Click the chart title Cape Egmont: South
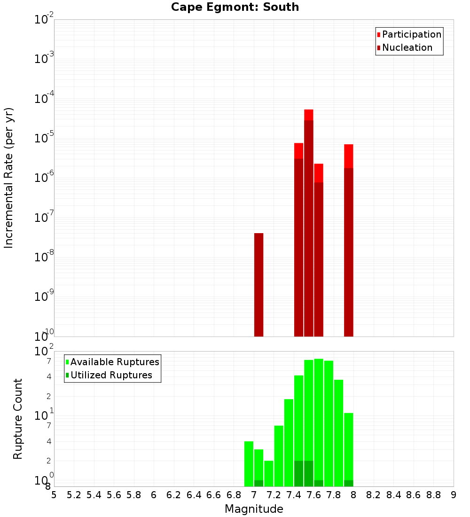coord(235,7)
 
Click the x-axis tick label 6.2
coord(173,495)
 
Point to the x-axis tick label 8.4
coord(393,495)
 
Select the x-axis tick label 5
coord(54,495)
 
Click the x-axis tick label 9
coord(454,495)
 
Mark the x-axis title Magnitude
coord(254,509)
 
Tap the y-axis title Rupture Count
coord(18,418)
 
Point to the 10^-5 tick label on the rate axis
coord(44,138)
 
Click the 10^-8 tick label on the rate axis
coord(44,257)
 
